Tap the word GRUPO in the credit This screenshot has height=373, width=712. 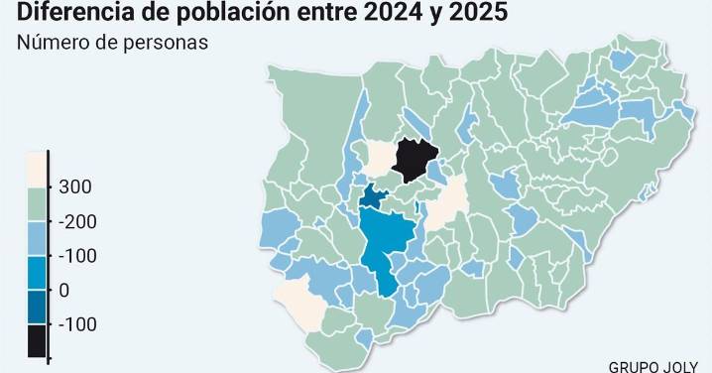[637, 364]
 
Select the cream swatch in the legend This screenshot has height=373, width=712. [36, 170]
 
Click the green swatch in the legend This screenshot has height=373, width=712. [36, 204]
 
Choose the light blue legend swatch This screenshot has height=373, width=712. [36, 238]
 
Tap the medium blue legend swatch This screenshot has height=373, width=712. [36, 272]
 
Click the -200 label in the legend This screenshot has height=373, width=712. [77, 221]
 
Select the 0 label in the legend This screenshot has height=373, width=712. [64, 290]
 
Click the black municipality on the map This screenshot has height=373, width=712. [415, 159]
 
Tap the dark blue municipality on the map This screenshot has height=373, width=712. [374, 196]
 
